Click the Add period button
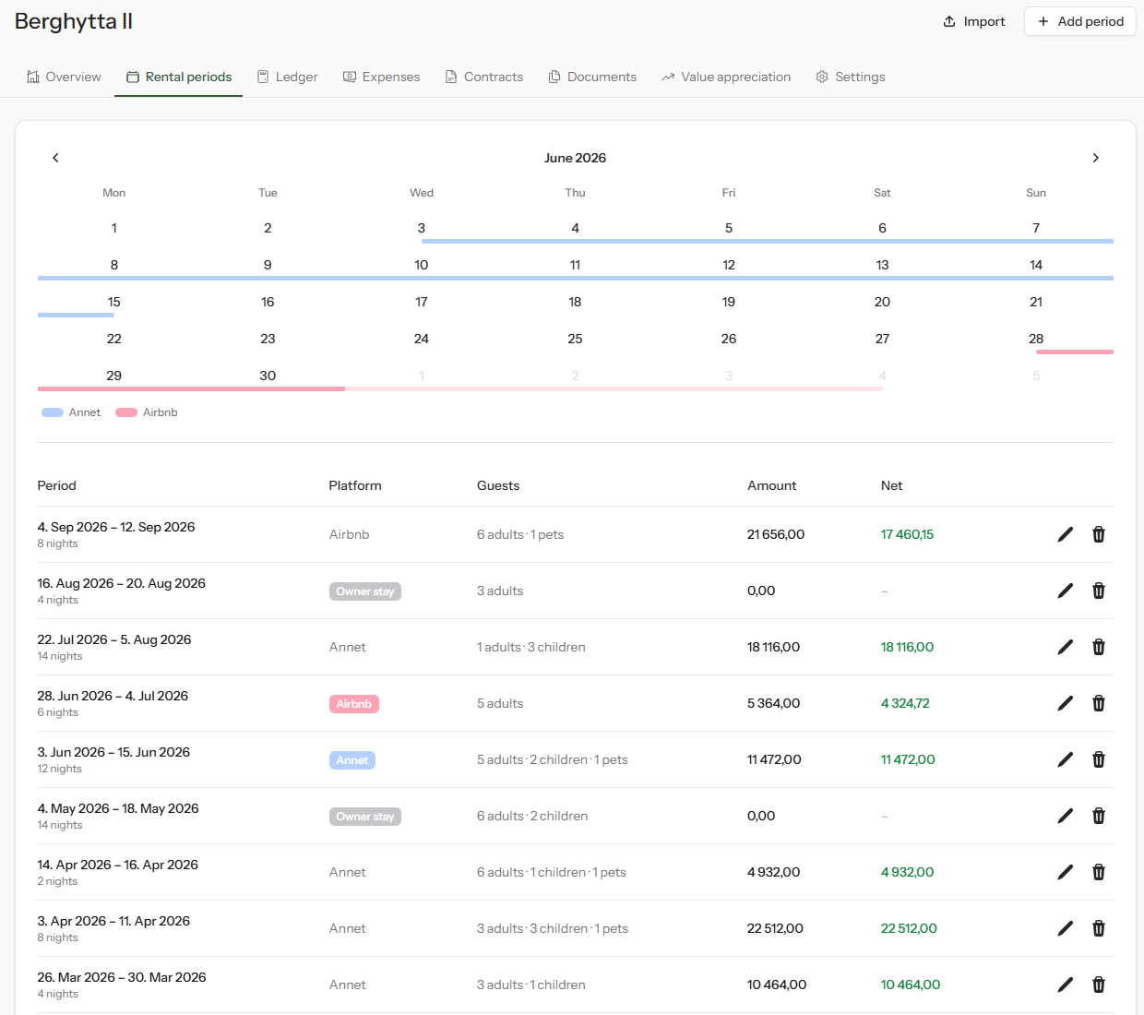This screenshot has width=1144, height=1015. click(1079, 21)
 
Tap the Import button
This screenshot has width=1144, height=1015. click(974, 21)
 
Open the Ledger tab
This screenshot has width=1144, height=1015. click(288, 77)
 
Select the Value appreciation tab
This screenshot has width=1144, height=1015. click(726, 77)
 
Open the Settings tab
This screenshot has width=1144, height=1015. click(851, 77)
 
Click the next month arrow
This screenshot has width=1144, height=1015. click(1095, 158)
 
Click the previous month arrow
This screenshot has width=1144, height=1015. click(55, 158)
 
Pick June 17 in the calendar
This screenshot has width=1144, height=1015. click(422, 302)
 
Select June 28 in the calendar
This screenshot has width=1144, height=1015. click(1035, 339)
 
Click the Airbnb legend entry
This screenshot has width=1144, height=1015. click(147, 412)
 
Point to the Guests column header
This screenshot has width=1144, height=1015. click(498, 485)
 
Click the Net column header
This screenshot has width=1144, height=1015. click(891, 485)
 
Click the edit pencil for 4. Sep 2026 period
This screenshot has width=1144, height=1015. click(1065, 534)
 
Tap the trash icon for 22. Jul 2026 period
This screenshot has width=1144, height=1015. click(1098, 647)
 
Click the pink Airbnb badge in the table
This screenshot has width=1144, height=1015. click(354, 704)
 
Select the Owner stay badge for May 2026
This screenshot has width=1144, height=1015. click(365, 817)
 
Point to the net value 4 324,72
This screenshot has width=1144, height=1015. click(905, 703)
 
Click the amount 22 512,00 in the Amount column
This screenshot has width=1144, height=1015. click(775, 928)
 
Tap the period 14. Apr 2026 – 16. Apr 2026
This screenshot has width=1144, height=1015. click(117, 865)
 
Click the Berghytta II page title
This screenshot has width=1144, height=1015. click(74, 21)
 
